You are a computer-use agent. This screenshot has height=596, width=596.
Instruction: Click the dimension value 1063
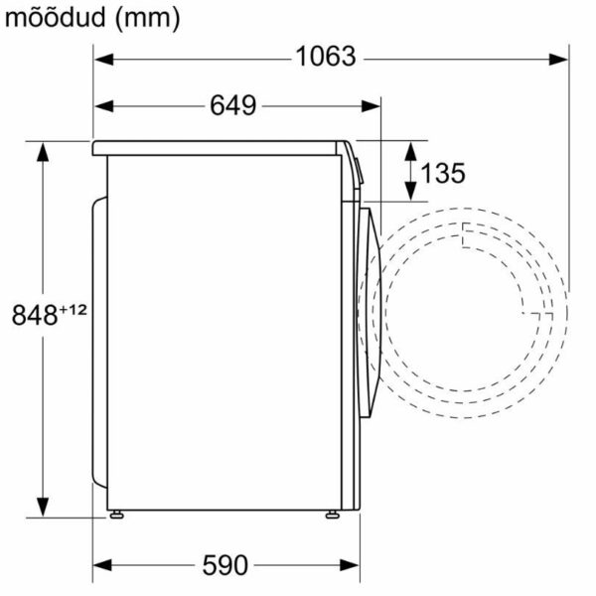pyautogui.click(x=325, y=58)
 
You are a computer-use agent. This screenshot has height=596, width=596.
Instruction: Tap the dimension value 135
pyautogui.click(x=441, y=173)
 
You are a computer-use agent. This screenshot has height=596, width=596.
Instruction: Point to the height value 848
pyautogui.click(x=34, y=317)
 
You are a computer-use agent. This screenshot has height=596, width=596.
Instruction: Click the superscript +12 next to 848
pyautogui.click(x=73, y=309)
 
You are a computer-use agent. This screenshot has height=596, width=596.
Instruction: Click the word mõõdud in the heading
pyautogui.click(x=50, y=17)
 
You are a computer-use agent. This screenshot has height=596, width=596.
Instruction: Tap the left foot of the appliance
pyautogui.click(x=118, y=514)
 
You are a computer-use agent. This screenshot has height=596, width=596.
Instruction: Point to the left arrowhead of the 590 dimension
pyautogui.click(x=101, y=566)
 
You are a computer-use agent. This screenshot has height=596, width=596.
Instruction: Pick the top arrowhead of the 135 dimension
pyautogui.click(x=410, y=146)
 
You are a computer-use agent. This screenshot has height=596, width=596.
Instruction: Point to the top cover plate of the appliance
pyautogui.click(x=219, y=148)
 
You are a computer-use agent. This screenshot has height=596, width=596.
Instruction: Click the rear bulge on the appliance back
pyautogui.click(x=98, y=338)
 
